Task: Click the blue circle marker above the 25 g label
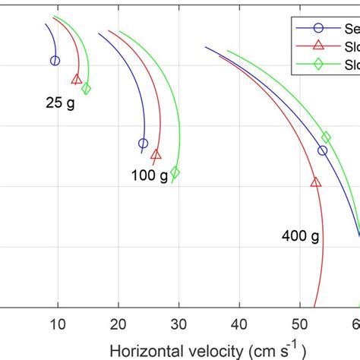[x=55, y=61]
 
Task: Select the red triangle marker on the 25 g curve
[x=77, y=79]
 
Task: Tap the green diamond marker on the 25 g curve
[x=87, y=89]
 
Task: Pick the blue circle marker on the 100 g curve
[x=143, y=144]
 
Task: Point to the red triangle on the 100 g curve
[x=156, y=155]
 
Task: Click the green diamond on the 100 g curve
[x=175, y=172]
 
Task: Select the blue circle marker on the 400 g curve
[x=323, y=150]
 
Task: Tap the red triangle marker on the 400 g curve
[x=316, y=182]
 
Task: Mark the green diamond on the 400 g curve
[x=326, y=137]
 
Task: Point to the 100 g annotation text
[x=148, y=175]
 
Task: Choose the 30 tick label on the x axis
[x=178, y=324]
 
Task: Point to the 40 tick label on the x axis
[x=239, y=324]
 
